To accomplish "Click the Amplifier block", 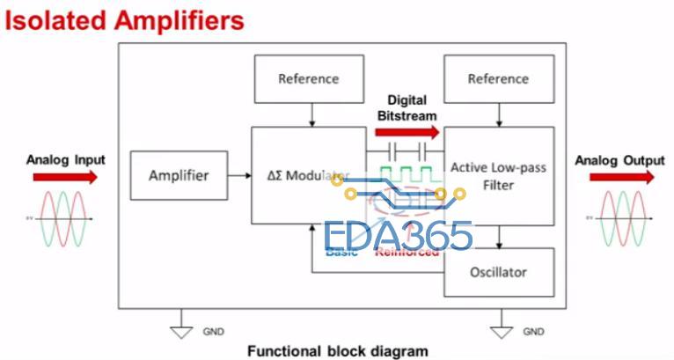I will [178, 175].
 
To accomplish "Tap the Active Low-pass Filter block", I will [498, 175].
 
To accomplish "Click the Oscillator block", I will [498, 272].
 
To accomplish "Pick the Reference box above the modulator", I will [308, 78].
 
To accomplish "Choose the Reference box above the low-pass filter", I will [498, 78].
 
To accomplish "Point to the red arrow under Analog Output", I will [621, 177].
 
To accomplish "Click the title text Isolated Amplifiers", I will [124, 19].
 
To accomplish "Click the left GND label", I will [213, 332].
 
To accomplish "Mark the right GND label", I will [533, 332].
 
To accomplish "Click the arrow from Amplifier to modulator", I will [238, 175].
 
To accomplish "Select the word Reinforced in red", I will [407, 253].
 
